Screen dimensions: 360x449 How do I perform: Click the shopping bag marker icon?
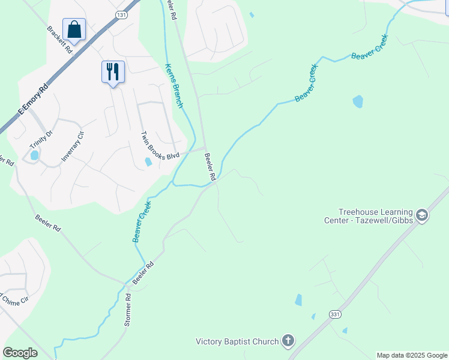coord(74,29)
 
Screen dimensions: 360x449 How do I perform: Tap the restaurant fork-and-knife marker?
coord(113,72)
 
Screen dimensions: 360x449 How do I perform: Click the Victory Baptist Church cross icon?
coord(288,341)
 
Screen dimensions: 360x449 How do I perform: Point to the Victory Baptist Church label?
coord(237,342)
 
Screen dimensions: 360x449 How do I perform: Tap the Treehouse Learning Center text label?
coord(376,216)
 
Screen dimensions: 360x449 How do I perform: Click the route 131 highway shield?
coord(122,14)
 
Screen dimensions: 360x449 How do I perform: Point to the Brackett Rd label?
coord(59,40)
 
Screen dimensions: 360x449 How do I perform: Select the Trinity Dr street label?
coord(41,141)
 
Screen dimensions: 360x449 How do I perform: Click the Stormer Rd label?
coord(128,309)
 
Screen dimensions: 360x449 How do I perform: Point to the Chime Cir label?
coord(16,299)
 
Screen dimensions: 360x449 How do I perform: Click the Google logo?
coord(20,353)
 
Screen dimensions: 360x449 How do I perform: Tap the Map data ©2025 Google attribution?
coord(412,355)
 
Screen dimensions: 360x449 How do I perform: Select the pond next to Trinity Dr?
coord(34,155)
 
